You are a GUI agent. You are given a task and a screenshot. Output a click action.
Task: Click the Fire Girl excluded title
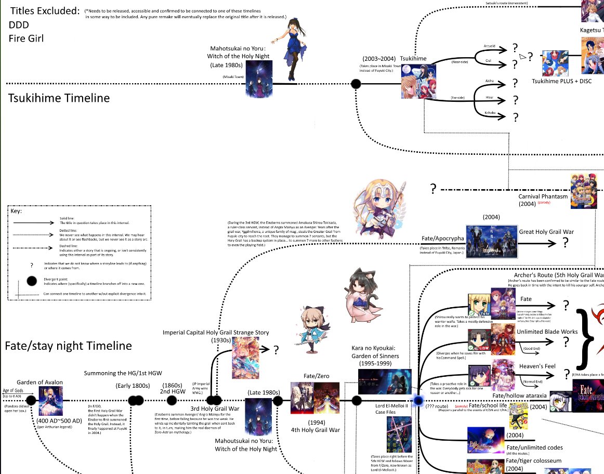point(25,38)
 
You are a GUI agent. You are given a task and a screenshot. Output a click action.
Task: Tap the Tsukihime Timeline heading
point(59,98)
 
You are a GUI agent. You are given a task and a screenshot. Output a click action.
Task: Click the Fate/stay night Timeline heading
point(68,346)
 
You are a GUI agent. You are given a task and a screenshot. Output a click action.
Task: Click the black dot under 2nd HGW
point(172,400)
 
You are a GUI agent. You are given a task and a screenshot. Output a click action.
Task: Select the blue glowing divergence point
point(418,401)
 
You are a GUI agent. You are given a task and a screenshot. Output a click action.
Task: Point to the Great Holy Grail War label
point(550,232)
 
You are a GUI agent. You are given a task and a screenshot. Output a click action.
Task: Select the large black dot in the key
point(32,281)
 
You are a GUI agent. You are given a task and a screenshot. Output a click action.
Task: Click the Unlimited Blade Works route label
point(547,332)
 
